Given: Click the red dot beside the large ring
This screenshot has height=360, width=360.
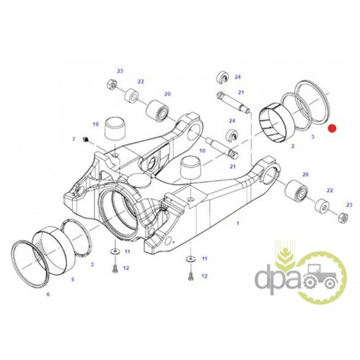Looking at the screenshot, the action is point(333,128).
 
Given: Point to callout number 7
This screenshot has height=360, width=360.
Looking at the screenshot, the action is point(73,139).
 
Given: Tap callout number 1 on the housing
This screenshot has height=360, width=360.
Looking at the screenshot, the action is point(238,223).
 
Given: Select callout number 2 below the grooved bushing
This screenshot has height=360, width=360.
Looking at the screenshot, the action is point(292,146).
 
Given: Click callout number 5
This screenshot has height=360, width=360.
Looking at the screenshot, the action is point(73,279).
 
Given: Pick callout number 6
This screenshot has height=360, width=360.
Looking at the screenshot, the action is point(48,294).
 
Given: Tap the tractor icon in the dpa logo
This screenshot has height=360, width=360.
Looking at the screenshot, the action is point(319,276).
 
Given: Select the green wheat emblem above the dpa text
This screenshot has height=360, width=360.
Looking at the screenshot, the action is point(285,252).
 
